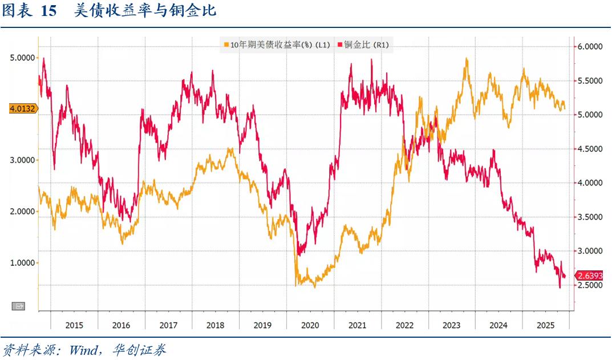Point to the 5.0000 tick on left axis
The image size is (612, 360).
[x=22, y=58]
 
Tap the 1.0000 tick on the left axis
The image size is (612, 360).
[x=22, y=263]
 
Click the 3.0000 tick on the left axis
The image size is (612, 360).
[x=22, y=160]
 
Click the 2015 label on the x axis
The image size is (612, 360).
[x=74, y=325]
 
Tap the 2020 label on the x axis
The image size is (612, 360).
[x=310, y=325]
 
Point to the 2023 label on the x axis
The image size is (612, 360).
[x=451, y=325]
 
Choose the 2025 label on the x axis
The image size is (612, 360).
[x=546, y=325]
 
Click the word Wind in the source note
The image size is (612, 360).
[x=84, y=349]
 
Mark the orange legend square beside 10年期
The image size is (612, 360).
[x=226, y=45]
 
